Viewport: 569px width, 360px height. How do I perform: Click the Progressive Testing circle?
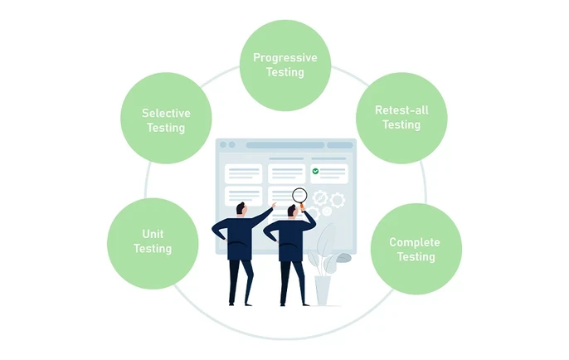pos(284,65)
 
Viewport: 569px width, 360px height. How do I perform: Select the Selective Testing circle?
pos(166,119)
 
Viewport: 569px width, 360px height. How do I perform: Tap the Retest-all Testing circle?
pos(401,118)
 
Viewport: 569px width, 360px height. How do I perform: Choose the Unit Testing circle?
pos(153,241)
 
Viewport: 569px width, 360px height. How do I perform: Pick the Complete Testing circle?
pos(416,249)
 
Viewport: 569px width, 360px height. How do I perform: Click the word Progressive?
pos(284,57)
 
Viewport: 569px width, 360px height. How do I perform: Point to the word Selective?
pos(166,113)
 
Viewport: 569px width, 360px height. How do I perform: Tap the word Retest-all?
pos(401,110)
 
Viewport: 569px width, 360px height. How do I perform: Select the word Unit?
pos(153,234)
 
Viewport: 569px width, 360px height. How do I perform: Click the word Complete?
pos(416,242)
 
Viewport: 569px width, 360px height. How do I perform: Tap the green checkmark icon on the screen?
pos(315,171)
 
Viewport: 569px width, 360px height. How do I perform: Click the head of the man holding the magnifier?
pos(292,212)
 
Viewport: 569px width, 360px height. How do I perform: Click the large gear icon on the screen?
pos(337,200)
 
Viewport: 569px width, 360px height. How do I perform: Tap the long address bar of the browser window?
pos(284,145)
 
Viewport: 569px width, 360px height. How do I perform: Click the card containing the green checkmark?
pos(329,173)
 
